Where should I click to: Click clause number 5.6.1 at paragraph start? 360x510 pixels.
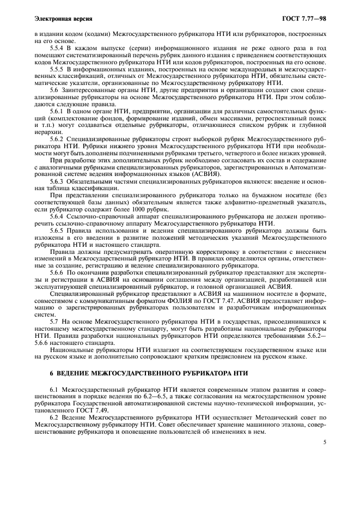(58, 112)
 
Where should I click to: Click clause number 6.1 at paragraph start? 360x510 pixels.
(55, 391)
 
